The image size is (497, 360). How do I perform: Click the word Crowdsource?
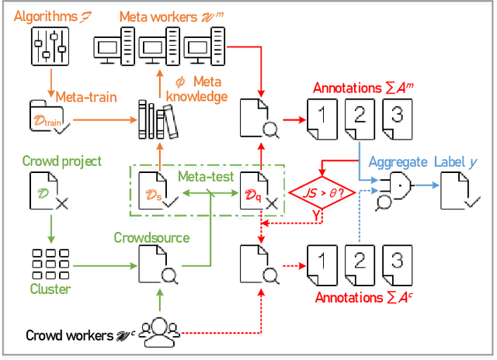pyautogui.click(x=152, y=237)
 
